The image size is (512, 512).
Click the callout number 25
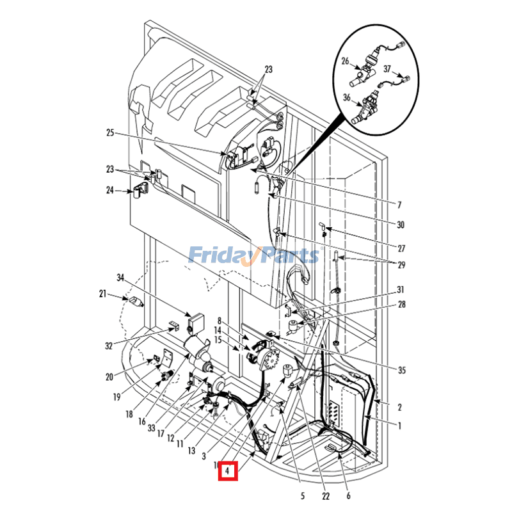click(x=109, y=133)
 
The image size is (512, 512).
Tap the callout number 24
click(x=109, y=189)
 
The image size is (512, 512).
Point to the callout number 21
click(x=102, y=294)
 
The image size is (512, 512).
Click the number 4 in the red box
click(x=227, y=472)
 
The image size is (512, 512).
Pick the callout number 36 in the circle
click(x=348, y=98)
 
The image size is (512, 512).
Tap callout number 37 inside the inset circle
click(x=387, y=68)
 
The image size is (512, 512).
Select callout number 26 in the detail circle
click(x=345, y=62)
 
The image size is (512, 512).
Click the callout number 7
click(x=399, y=205)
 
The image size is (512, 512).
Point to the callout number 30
click(x=401, y=225)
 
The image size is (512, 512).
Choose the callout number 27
click(x=401, y=248)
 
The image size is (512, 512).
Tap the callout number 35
click(x=401, y=370)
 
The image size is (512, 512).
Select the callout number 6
click(x=348, y=495)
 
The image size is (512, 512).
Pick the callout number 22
click(x=325, y=495)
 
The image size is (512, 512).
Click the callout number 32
click(x=109, y=346)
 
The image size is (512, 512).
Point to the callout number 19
click(x=116, y=397)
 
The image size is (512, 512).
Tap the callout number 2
click(x=399, y=407)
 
